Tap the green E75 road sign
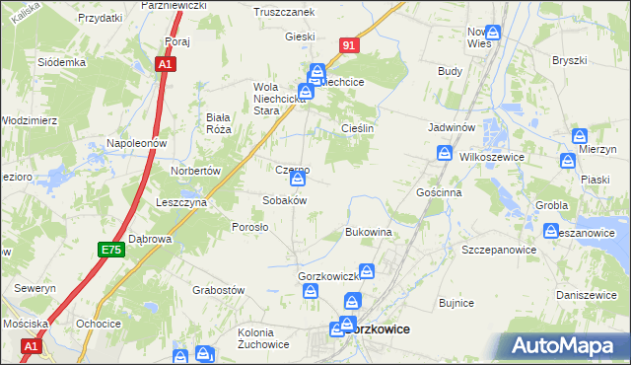110,252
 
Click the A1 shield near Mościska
31,346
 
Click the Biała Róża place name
218,122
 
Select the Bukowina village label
369,232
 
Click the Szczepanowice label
499,251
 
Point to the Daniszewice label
586,294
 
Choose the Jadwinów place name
453,128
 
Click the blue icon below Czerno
298,180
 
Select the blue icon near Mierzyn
580,136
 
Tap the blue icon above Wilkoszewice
445,153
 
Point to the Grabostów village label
218,290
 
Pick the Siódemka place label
62,61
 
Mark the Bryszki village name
569,60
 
